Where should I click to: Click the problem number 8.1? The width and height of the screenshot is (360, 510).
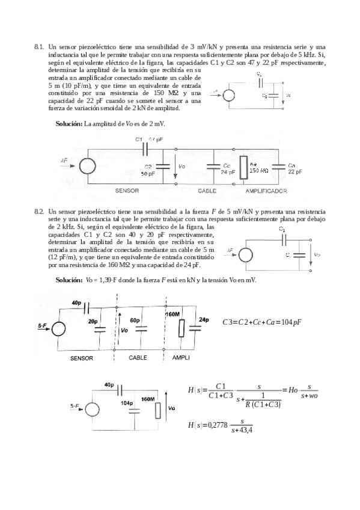40,46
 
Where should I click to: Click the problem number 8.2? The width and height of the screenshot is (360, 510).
40,211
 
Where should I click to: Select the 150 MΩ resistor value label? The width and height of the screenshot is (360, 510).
258,170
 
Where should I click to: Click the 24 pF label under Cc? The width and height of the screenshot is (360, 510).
227,171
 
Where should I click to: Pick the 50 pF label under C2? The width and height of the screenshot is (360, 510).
148,173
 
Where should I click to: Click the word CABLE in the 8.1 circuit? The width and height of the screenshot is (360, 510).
207,191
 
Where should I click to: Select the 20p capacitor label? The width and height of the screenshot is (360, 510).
93,322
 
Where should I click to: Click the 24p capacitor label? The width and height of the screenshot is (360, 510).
204,319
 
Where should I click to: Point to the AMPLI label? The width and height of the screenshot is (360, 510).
181,357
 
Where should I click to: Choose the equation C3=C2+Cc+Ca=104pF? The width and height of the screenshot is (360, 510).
261,322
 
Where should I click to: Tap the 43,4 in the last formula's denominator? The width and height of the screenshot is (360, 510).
246,429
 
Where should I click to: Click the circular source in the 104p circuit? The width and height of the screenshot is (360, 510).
93,408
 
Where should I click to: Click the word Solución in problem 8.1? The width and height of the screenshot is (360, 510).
69,123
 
